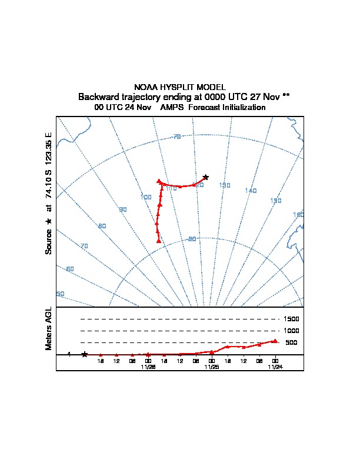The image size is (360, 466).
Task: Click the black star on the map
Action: [205, 177]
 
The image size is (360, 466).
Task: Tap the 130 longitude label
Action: [224, 185]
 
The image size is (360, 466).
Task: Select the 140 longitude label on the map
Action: [251, 191]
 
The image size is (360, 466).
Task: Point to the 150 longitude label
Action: [275, 201]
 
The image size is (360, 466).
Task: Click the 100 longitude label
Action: [146, 197]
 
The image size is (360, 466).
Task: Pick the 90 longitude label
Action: [123, 209]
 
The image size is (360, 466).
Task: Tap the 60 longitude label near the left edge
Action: [71, 269]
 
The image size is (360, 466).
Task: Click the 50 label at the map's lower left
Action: [60, 294]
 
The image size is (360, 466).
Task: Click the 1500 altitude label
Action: [292, 319]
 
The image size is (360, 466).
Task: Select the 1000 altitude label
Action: [292, 331]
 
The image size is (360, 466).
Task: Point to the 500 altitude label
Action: [291, 342]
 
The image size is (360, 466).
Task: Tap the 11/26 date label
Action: [148, 367]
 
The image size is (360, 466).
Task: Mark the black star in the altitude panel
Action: [85, 354]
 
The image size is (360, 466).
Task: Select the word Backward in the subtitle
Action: [99, 96]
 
